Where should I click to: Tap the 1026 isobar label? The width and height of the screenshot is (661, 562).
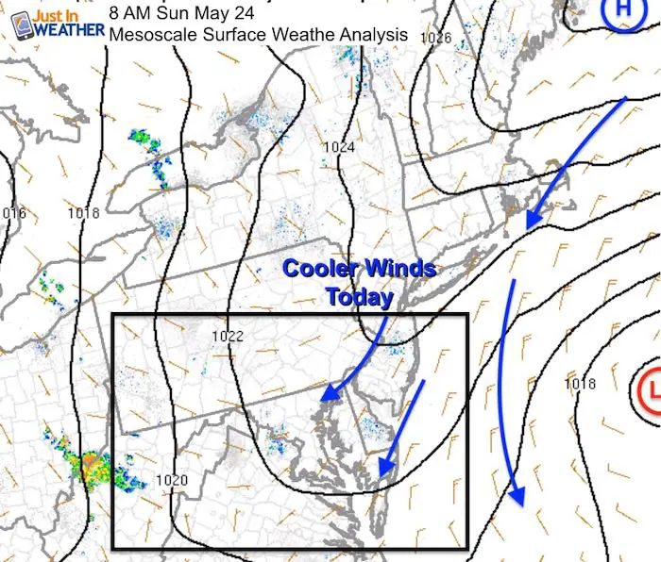tap(436, 38)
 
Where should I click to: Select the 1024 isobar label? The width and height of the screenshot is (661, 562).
tap(338, 147)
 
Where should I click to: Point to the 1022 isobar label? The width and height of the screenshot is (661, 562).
tap(228, 336)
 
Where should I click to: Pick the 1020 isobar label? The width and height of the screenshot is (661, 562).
tap(172, 480)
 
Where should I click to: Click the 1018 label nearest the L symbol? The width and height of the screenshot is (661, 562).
tap(580, 384)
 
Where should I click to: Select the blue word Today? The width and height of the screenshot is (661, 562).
tap(359, 298)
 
